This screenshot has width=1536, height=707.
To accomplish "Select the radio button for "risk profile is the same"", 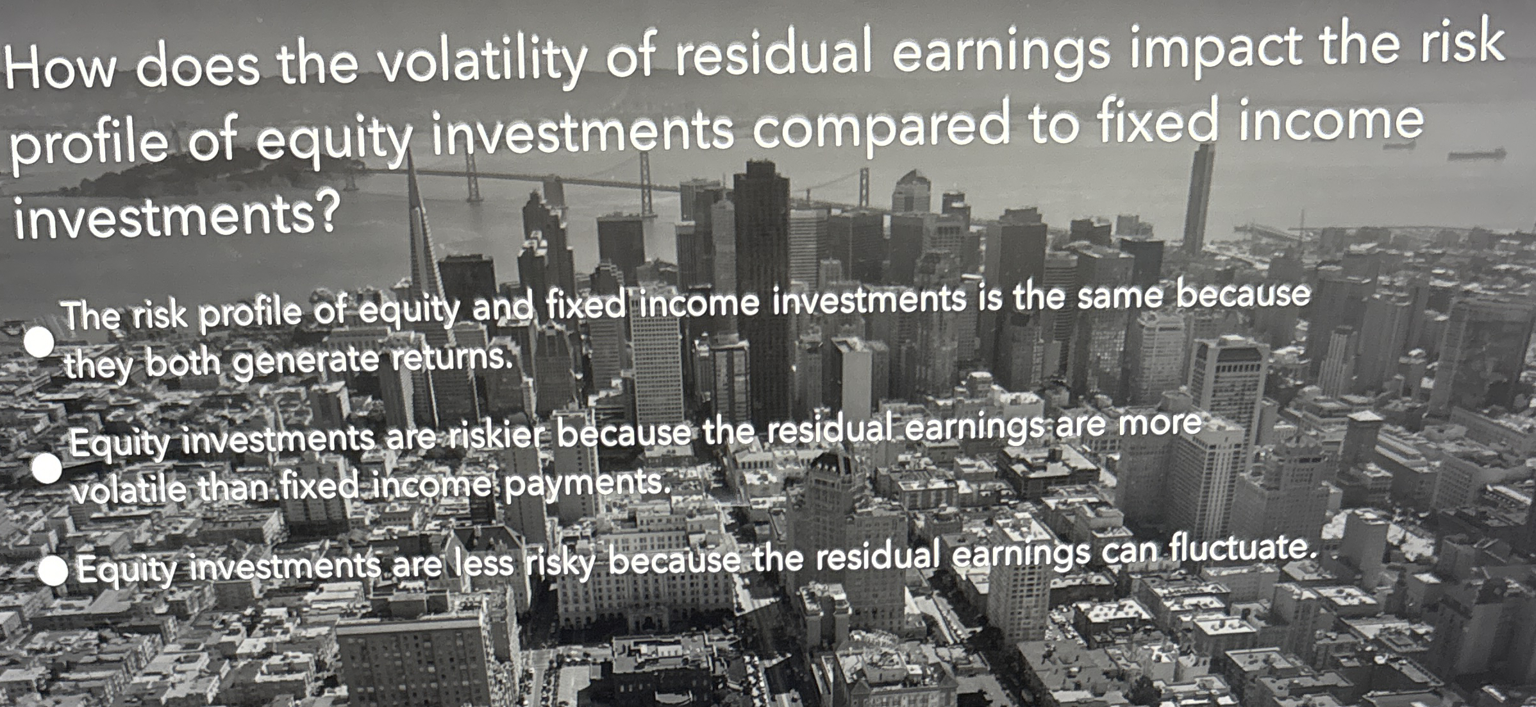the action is pos(40,343).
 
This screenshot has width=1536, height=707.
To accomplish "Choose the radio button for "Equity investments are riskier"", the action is pos(47,469).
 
